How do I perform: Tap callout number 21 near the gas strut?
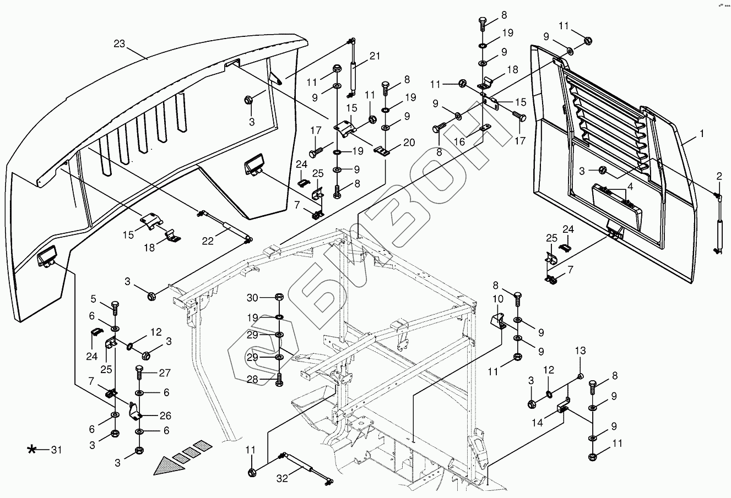[x=375, y=56]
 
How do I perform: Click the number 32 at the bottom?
[x=283, y=479]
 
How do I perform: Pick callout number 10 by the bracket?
[x=497, y=299]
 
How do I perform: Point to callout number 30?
[x=253, y=298]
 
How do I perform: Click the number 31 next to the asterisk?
[x=56, y=450]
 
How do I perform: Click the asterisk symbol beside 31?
[x=33, y=450]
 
